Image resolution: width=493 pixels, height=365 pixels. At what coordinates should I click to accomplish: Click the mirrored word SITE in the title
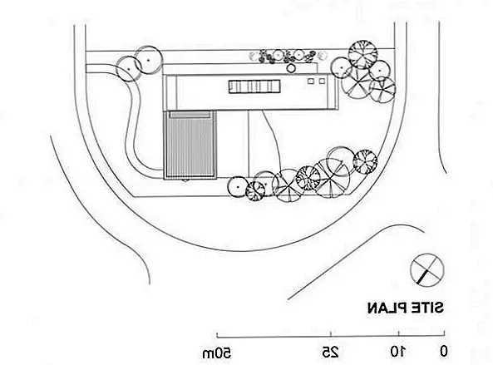(426, 307)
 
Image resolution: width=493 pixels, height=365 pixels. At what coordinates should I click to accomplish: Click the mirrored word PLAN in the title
(386, 307)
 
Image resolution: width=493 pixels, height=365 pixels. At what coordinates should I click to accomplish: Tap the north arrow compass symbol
(426, 270)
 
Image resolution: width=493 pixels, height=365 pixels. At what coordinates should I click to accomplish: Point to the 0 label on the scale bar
(443, 351)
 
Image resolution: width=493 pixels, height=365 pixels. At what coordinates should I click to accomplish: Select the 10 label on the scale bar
(398, 351)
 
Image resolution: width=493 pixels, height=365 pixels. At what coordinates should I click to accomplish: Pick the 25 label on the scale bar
(330, 352)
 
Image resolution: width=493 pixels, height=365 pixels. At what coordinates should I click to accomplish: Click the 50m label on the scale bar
(217, 353)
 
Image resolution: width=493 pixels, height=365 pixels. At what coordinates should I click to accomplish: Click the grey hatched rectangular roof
(190, 145)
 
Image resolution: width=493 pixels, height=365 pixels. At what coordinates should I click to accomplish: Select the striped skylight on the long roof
(254, 86)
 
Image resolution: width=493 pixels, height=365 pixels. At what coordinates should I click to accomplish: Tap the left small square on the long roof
(311, 81)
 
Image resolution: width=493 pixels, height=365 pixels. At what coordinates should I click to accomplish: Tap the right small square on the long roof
(322, 81)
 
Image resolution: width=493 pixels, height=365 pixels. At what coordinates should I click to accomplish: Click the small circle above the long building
(291, 68)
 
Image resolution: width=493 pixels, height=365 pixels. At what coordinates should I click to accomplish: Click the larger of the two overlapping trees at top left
(149, 60)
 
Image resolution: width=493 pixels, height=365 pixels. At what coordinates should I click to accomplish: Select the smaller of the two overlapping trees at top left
(128, 69)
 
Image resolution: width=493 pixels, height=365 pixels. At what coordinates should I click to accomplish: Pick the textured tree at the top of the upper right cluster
(362, 54)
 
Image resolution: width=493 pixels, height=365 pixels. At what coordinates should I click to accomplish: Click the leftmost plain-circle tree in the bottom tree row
(238, 187)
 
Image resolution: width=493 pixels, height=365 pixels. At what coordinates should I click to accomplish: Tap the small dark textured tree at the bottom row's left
(255, 191)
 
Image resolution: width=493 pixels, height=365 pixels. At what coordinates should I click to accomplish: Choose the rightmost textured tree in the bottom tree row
(365, 161)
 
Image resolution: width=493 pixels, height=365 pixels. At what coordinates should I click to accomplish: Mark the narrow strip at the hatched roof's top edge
(190, 115)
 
